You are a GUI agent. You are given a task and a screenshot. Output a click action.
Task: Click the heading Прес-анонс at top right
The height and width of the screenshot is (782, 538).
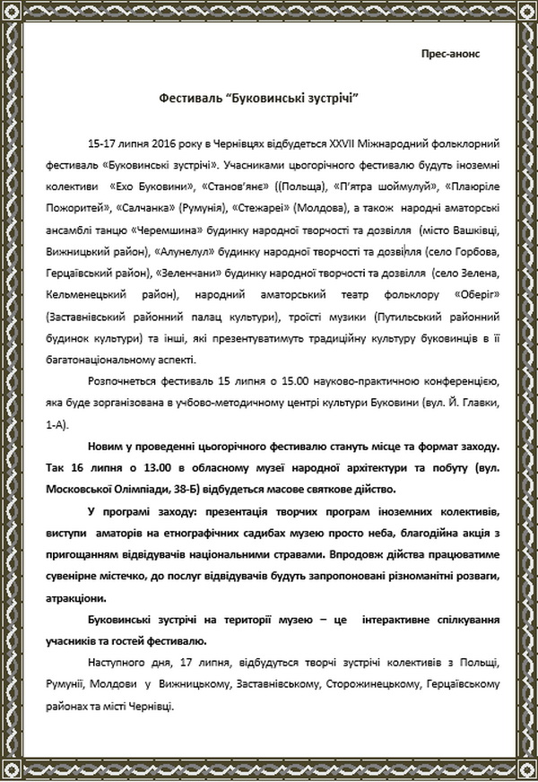tap(450, 53)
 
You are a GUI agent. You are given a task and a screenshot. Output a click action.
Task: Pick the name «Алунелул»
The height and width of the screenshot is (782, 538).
tap(186, 274)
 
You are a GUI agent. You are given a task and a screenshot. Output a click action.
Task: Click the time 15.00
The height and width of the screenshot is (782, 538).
tap(267, 384)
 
